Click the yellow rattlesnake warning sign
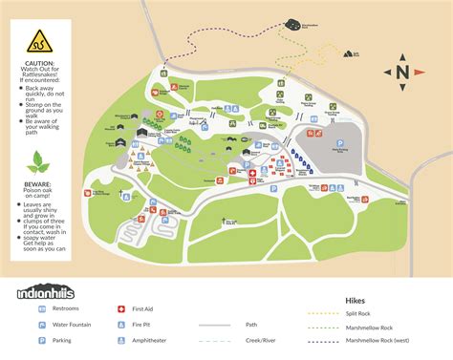click(36, 41)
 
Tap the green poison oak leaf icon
click(36, 159)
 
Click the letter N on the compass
click(402, 72)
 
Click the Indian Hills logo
click(45, 292)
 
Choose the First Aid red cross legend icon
click(121, 309)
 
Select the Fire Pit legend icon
click(121, 324)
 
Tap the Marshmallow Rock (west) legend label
click(378, 339)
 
